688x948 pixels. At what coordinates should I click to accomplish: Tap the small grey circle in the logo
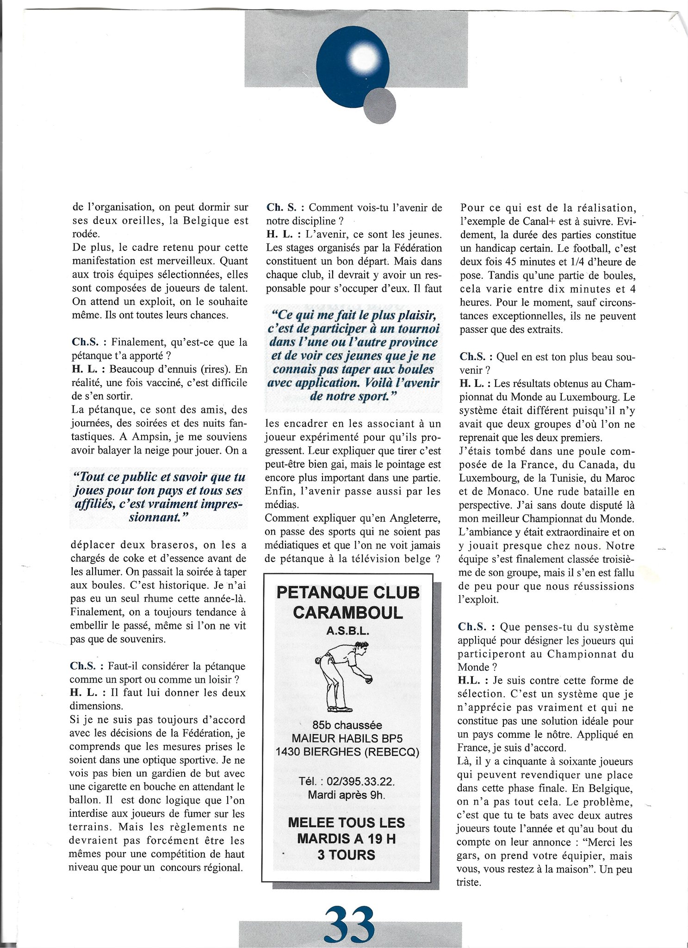coord(379,106)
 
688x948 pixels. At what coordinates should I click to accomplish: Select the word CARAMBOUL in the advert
coord(347,613)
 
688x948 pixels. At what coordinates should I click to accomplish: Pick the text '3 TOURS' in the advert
coord(346,854)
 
